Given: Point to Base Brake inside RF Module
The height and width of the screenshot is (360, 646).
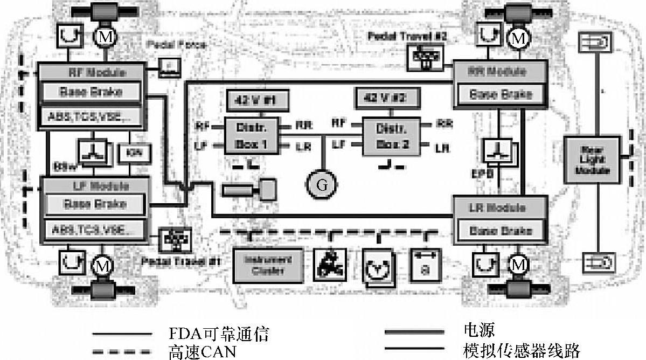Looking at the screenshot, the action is click(x=91, y=92).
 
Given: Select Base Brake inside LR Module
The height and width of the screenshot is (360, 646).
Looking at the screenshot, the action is click(x=501, y=231).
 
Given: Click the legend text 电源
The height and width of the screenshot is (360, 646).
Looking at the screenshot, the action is click(x=478, y=329).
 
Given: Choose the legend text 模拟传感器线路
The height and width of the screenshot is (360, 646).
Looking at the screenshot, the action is click(x=520, y=351).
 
